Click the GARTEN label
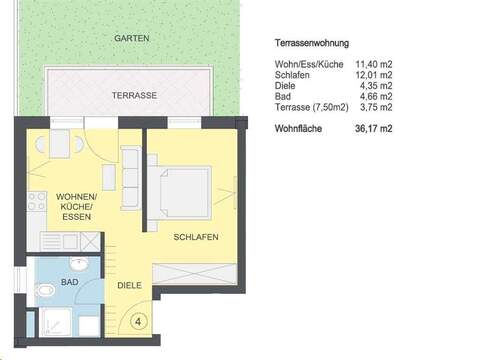[131, 38]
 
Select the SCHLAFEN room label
[195, 236]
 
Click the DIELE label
[129, 287]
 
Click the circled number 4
[138, 322]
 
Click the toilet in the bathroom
[44, 291]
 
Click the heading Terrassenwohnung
[311, 44]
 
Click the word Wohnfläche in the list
[298, 129]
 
